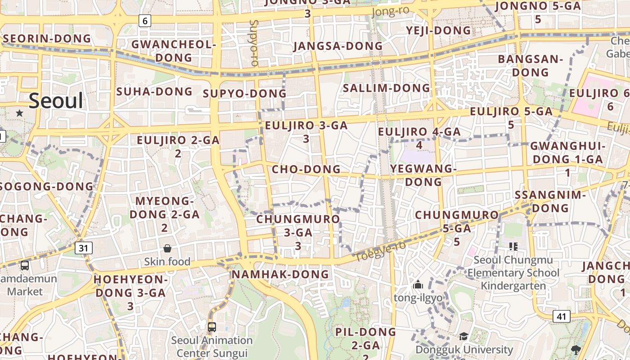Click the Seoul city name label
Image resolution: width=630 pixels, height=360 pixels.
point(56,100)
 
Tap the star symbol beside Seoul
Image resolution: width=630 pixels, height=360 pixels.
point(19,113)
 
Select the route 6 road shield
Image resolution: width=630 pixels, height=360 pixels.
point(144,21)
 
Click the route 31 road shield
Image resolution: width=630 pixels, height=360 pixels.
point(84,247)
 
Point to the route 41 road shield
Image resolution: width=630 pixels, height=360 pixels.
point(561,316)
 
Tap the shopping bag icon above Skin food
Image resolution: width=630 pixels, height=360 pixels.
point(167,248)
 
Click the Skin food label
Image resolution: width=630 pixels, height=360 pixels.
point(167,261)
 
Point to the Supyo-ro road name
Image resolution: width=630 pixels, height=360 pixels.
point(254,43)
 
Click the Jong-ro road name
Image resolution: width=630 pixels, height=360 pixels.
point(390,11)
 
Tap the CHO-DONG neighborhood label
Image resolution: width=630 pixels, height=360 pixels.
point(306,169)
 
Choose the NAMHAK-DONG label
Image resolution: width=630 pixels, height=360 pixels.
point(280,274)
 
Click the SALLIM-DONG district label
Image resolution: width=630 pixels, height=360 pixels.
point(387,88)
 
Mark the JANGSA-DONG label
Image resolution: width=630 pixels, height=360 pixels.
point(338,46)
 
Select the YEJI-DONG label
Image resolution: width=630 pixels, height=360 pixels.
point(438,31)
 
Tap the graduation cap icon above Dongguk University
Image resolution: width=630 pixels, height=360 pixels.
point(463,337)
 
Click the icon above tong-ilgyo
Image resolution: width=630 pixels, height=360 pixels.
point(418,284)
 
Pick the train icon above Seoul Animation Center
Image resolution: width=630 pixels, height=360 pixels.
point(212,327)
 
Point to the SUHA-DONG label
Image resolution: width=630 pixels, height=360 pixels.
point(154,92)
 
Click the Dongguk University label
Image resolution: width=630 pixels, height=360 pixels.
point(464,350)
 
